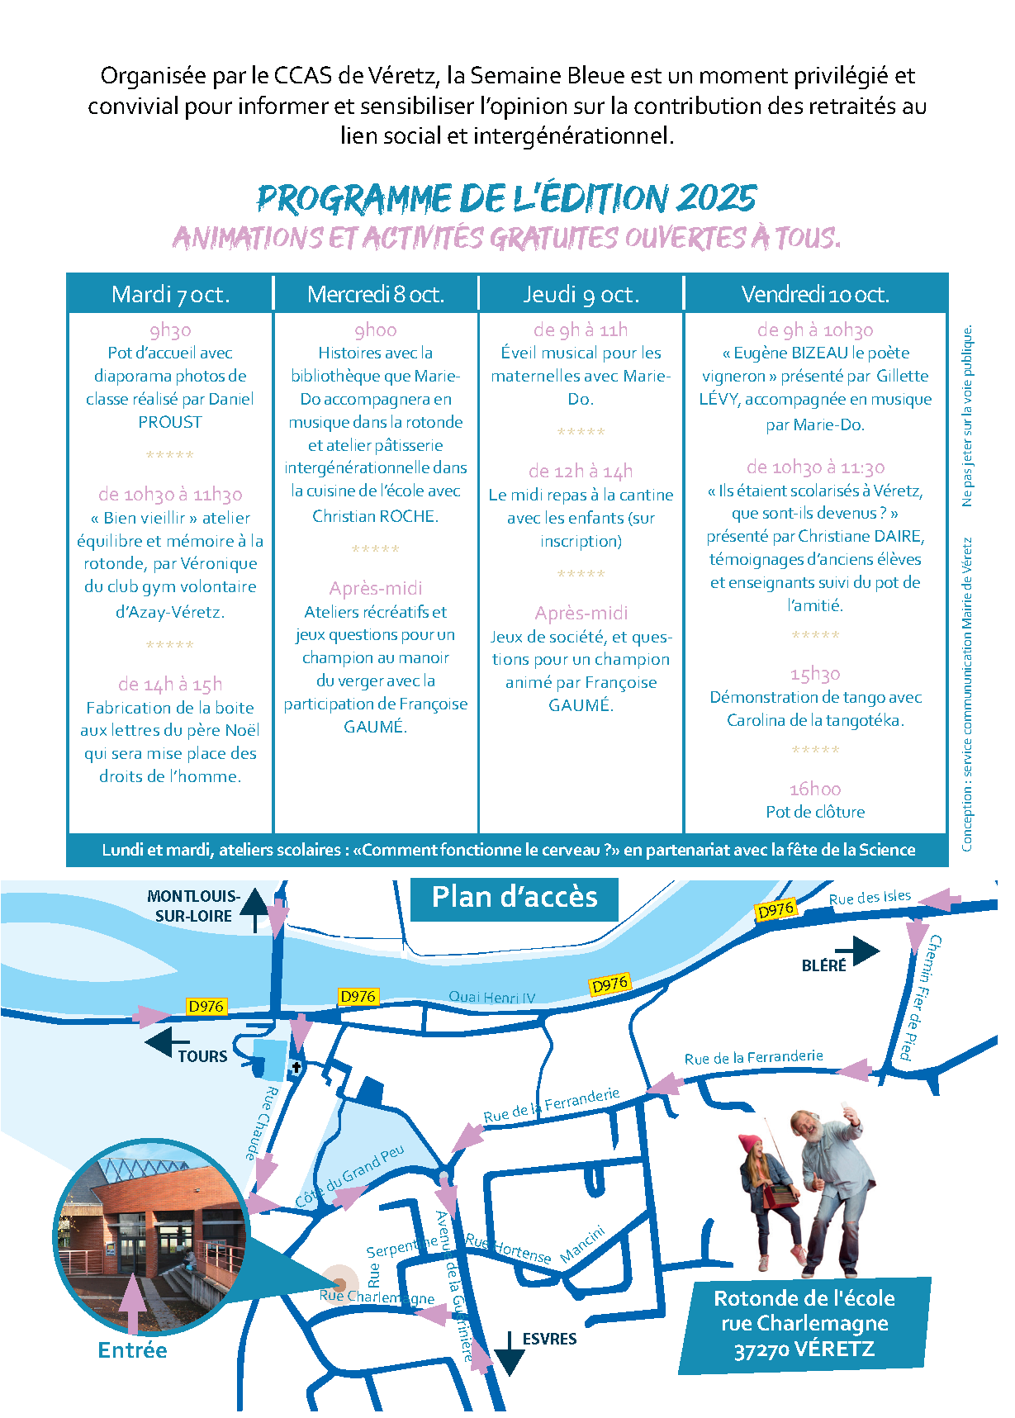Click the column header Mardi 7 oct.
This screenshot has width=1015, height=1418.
[x=170, y=295]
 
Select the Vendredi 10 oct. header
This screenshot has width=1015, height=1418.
[x=814, y=295]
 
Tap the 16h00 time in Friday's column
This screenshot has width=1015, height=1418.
[x=814, y=789]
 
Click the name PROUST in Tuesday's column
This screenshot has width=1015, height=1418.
[x=170, y=422]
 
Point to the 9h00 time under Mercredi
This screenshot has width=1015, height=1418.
[x=375, y=330]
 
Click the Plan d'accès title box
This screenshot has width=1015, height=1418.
[x=514, y=898]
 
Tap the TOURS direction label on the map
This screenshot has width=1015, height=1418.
[x=202, y=1056]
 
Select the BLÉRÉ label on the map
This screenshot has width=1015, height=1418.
[x=823, y=965]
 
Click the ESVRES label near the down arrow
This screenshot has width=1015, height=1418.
[x=549, y=1339]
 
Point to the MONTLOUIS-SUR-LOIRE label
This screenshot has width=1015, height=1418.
[x=193, y=906]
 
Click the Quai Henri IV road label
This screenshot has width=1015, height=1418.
[x=491, y=997]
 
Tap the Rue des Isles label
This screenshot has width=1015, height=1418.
[x=870, y=898]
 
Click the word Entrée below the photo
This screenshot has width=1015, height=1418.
[x=132, y=1350]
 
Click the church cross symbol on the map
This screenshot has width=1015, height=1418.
[x=296, y=1067]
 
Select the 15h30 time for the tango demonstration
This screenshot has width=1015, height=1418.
[x=814, y=674]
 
